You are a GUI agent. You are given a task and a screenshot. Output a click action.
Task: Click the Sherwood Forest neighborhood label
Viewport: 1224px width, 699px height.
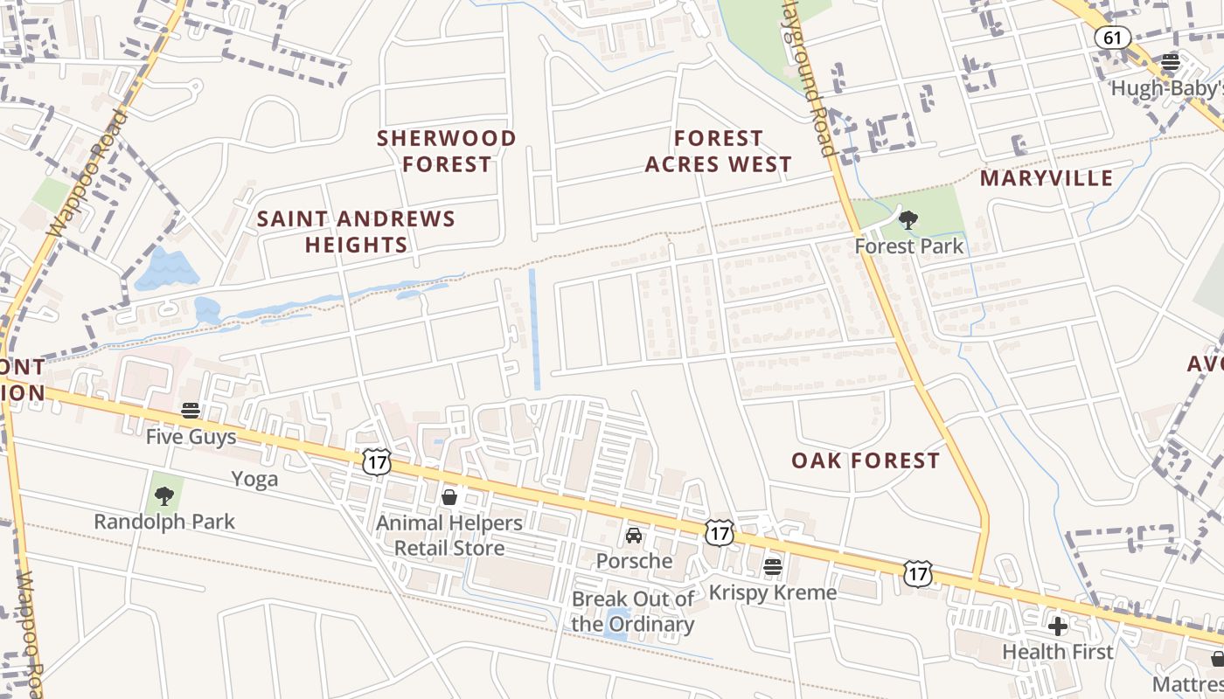point(447,151)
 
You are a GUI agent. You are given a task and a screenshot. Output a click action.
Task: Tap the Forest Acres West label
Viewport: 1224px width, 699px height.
point(719,151)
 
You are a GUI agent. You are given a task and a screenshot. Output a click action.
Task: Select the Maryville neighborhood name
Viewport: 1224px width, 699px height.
point(1047,179)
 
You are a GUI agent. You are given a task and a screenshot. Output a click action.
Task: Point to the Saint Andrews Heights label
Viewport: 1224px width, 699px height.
point(357,232)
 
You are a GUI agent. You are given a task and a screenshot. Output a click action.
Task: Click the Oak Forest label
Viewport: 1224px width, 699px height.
point(866,460)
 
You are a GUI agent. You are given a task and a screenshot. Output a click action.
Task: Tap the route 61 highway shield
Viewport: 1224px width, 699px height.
point(1112,38)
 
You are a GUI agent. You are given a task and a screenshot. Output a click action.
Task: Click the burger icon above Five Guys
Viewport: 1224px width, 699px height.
point(191,411)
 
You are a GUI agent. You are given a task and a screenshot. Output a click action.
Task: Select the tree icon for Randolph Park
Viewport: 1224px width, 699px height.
point(163,496)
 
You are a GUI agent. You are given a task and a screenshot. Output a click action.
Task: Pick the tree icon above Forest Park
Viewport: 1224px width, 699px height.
point(908,220)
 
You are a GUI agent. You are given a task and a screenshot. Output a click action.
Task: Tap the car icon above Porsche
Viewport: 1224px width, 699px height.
point(634,535)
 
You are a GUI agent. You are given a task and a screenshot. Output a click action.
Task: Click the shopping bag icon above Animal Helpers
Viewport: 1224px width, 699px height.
point(449,497)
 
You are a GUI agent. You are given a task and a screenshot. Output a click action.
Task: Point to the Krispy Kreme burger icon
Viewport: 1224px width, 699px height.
point(772,566)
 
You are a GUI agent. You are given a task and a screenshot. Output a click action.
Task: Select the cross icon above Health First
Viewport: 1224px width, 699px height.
point(1058,626)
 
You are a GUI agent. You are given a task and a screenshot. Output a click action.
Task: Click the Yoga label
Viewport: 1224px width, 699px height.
point(254,479)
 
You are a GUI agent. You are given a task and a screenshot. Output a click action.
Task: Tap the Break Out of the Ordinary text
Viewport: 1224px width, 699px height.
point(633,612)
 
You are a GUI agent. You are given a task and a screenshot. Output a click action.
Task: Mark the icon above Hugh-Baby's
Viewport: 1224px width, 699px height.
point(1170,62)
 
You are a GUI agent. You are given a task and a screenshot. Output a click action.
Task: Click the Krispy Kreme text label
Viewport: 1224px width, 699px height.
point(772,592)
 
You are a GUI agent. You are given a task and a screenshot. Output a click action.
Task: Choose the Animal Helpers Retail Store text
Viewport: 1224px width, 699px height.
point(449,536)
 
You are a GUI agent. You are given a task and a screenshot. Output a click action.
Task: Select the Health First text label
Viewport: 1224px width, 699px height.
point(1058,652)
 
